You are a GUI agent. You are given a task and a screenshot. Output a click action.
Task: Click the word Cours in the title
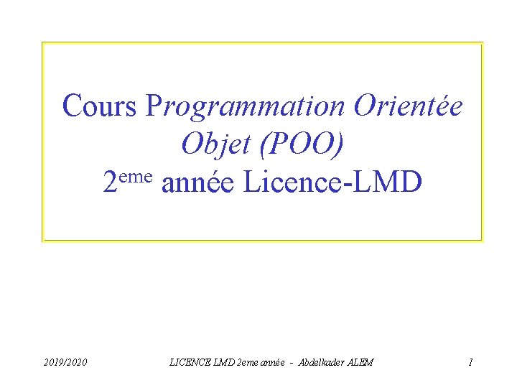(x=99, y=106)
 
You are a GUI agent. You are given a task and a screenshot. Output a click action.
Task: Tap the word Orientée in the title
(x=408, y=106)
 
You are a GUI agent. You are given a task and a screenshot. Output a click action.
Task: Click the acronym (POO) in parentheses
(x=302, y=146)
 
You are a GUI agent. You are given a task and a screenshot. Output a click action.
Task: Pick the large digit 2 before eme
(x=111, y=185)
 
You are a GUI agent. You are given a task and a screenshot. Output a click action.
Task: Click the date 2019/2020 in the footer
(x=64, y=363)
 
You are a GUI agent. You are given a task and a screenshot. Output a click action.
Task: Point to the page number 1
(x=470, y=363)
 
